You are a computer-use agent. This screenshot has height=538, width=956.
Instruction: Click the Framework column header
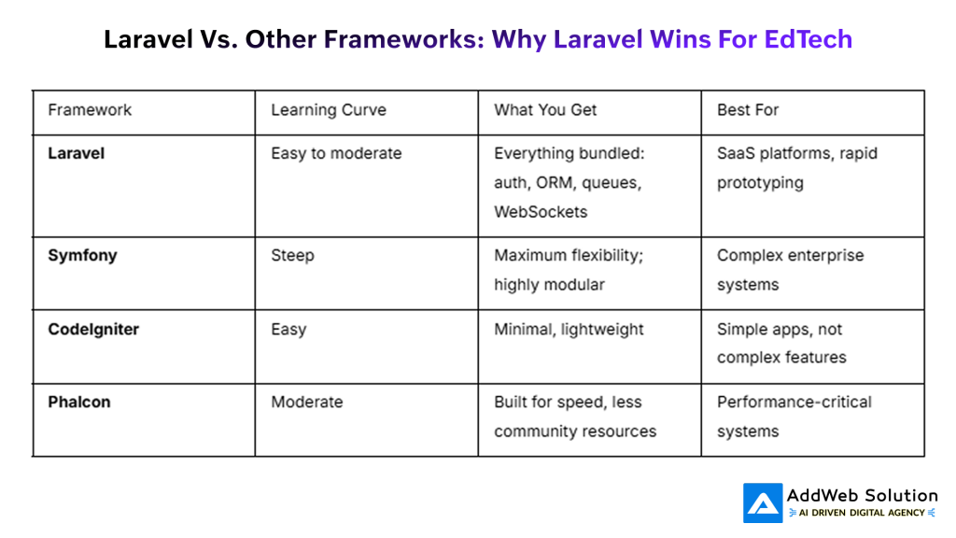point(90,110)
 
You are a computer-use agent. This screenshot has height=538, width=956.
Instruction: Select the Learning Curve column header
point(328,110)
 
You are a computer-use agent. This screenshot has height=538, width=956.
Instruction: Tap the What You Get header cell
point(545,110)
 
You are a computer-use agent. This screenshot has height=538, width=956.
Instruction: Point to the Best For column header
point(747,110)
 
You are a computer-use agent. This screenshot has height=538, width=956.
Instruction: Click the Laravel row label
point(76,153)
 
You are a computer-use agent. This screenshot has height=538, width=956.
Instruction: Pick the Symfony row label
point(82,255)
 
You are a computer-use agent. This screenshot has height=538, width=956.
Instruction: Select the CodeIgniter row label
point(92,329)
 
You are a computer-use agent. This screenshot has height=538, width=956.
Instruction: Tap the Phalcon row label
point(78,402)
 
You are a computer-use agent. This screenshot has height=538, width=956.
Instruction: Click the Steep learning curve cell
point(292,255)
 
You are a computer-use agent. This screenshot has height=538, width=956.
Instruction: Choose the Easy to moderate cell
point(336,153)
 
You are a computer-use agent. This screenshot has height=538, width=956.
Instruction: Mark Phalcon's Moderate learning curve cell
point(306,402)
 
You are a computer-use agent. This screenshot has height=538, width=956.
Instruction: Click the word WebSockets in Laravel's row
point(541,212)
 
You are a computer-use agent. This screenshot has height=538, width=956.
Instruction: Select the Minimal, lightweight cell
point(569,329)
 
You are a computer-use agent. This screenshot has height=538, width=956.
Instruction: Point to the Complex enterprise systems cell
point(790,269)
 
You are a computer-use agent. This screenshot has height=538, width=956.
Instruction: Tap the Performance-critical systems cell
point(794,416)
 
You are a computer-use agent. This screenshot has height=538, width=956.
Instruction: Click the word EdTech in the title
point(808,39)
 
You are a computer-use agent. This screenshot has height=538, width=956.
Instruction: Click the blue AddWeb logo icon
point(762,503)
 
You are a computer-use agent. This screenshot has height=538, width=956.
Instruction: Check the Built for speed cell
point(575,416)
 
